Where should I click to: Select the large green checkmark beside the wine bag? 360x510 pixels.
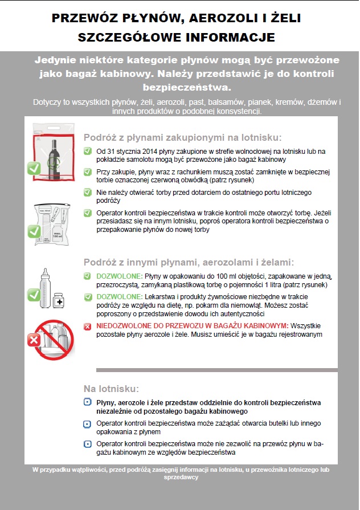34,168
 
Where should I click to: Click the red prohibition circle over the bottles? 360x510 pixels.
54,341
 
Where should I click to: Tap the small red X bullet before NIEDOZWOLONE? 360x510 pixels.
87,326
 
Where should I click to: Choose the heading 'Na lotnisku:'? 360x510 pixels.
111,389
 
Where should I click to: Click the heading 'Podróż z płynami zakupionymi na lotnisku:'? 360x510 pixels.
182,137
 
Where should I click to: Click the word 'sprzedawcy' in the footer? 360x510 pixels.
180,478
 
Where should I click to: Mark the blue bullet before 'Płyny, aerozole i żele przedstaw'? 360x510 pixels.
87,402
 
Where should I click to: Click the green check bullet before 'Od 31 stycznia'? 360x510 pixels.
87,151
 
